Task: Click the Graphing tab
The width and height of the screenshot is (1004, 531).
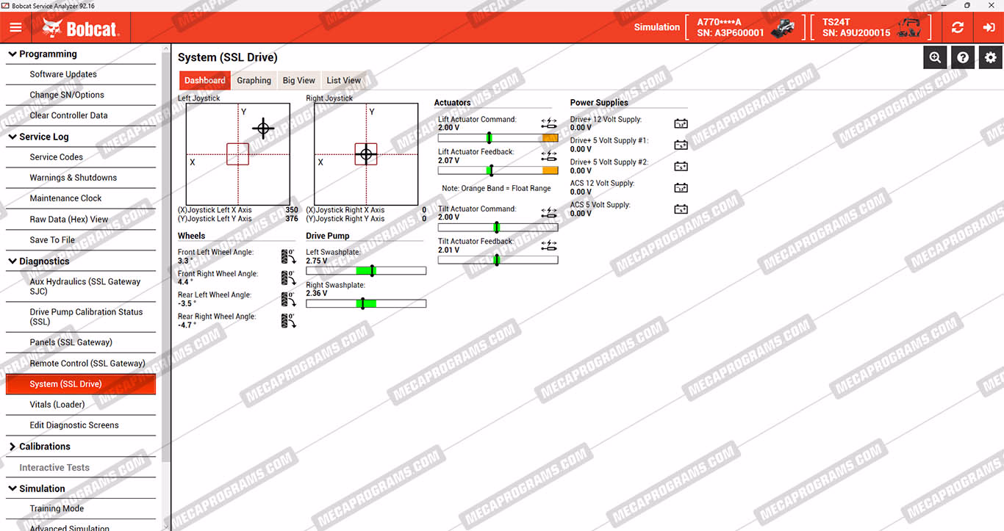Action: pos(254,81)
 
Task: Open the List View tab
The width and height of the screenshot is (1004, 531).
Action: pos(343,81)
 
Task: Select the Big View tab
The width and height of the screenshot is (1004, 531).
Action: pos(298,81)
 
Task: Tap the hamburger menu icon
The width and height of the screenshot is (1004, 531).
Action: pos(15,27)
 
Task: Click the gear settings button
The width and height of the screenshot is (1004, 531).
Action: pos(990,57)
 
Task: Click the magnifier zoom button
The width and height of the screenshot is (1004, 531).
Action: pos(935,57)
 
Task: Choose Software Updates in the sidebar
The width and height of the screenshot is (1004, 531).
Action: pos(63,74)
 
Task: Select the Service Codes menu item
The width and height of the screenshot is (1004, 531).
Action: pos(57,157)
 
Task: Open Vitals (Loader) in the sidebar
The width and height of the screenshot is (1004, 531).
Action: pos(57,404)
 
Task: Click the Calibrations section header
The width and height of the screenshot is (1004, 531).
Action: pos(44,447)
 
